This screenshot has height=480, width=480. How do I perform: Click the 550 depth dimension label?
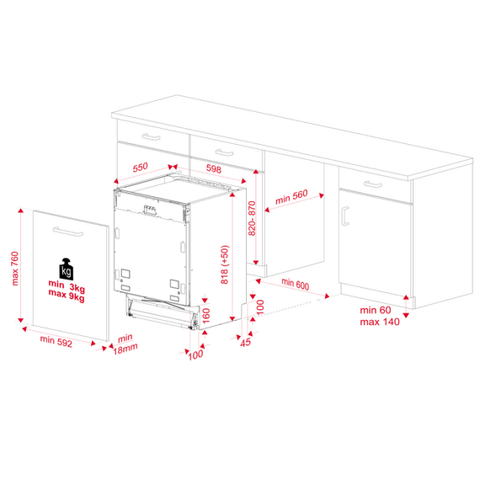(x=140, y=168)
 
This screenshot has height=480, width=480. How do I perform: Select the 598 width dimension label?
(x=214, y=168)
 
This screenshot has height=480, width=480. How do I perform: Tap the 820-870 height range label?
(x=252, y=218)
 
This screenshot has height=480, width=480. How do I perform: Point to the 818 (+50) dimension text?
(x=225, y=264)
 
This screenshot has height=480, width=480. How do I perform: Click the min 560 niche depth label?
(x=291, y=197)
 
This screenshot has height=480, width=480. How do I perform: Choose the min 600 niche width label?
(x=295, y=284)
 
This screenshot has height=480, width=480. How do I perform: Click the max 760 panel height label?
(x=14, y=269)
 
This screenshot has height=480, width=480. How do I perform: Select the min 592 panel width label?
(x=56, y=341)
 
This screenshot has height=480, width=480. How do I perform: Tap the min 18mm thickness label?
(x=125, y=344)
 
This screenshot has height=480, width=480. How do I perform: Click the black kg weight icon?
(x=67, y=269)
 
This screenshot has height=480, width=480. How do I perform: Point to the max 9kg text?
(x=67, y=296)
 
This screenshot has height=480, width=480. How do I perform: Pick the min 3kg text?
(x=67, y=286)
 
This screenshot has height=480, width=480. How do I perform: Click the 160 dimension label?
(x=206, y=315)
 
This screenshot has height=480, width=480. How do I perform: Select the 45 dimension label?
(x=246, y=342)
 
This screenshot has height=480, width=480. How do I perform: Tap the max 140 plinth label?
(x=380, y=322)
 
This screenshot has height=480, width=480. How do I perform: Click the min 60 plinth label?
(x=376, y=310)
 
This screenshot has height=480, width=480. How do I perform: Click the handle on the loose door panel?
(x=68, y=232)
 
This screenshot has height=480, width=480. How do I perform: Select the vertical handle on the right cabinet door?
(x=344, y=216)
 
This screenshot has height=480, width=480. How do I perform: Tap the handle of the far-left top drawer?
(x=152, y=136)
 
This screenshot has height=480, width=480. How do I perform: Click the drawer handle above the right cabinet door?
(x=373, y=184)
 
